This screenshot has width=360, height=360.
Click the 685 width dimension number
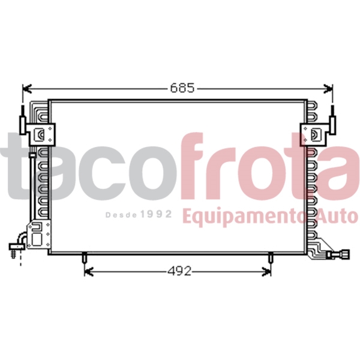[x=182, y=88]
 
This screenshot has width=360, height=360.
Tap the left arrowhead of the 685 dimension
[x=25, y=88]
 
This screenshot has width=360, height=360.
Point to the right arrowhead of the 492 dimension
[x=268, y=272]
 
